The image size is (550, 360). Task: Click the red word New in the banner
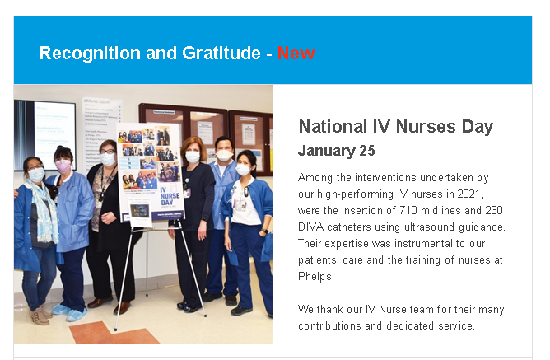(296, 54)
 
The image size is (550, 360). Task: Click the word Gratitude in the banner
(221, 54)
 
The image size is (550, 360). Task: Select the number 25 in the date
(367, 151)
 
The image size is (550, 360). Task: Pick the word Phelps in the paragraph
(315, 277)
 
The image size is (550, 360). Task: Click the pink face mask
(63, 166)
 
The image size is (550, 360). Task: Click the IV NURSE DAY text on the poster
(170, 196)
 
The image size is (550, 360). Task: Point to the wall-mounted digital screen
(44, 135)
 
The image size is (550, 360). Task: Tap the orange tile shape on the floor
(112, 333)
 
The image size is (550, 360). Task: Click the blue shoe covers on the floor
(69, 312)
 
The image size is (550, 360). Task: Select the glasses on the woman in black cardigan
(107, 152)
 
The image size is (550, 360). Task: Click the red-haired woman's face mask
(193, 157)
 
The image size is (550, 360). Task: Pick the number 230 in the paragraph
(494, 210)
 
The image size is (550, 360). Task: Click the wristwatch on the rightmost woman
(264, 231)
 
